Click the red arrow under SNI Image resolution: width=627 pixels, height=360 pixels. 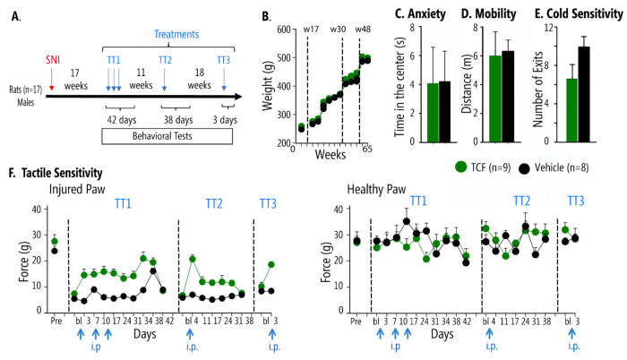pyautogui.click(x=53, y=81)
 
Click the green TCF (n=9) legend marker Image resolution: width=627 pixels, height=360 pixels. pyautogui.click(x=461, y=167)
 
